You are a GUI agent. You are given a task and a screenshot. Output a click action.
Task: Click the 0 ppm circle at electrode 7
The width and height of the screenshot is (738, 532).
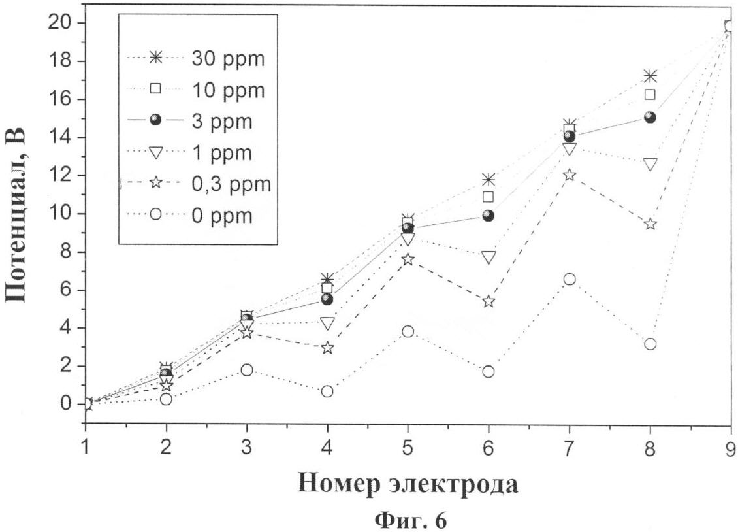(x=569, y=279)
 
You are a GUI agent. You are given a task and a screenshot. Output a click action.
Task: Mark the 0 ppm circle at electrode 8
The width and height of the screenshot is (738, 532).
(x=650, y=344)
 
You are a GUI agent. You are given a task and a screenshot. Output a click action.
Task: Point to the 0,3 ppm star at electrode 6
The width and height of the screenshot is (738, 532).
(x=489, y=301)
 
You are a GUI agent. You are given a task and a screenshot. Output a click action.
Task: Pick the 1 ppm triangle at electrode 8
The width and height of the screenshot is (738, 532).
(x=650, y=164)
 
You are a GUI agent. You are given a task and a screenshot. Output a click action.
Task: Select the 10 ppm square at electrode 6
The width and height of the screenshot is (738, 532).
(x=489, y=197)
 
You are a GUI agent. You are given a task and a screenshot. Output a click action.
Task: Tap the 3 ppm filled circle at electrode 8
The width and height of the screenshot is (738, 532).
(x=650, y=117)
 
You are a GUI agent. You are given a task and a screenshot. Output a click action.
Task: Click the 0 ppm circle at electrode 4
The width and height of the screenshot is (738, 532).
(x=327, y=391)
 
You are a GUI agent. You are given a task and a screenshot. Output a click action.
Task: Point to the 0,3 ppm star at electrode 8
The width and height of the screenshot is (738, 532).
(x=650, y=224)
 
